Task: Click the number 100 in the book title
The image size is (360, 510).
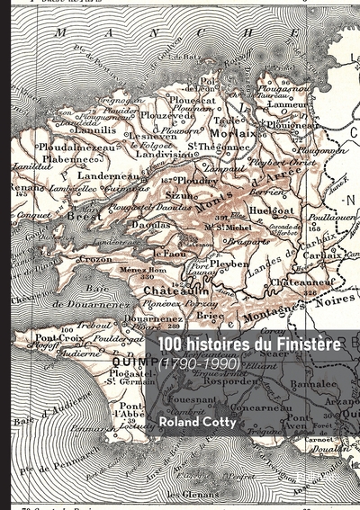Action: [172, 344]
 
